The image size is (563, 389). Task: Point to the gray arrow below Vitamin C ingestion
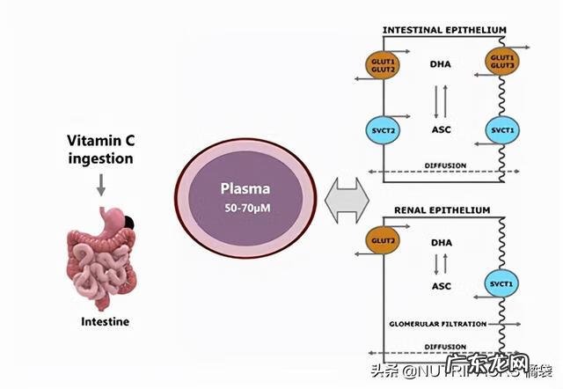click(x=102, y=184)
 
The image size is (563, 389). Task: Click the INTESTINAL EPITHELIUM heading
click(x=443, y=30)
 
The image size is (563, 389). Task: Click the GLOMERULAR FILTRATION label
click(x=437, y=324)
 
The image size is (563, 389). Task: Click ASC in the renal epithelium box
click(x=440, y=286)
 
